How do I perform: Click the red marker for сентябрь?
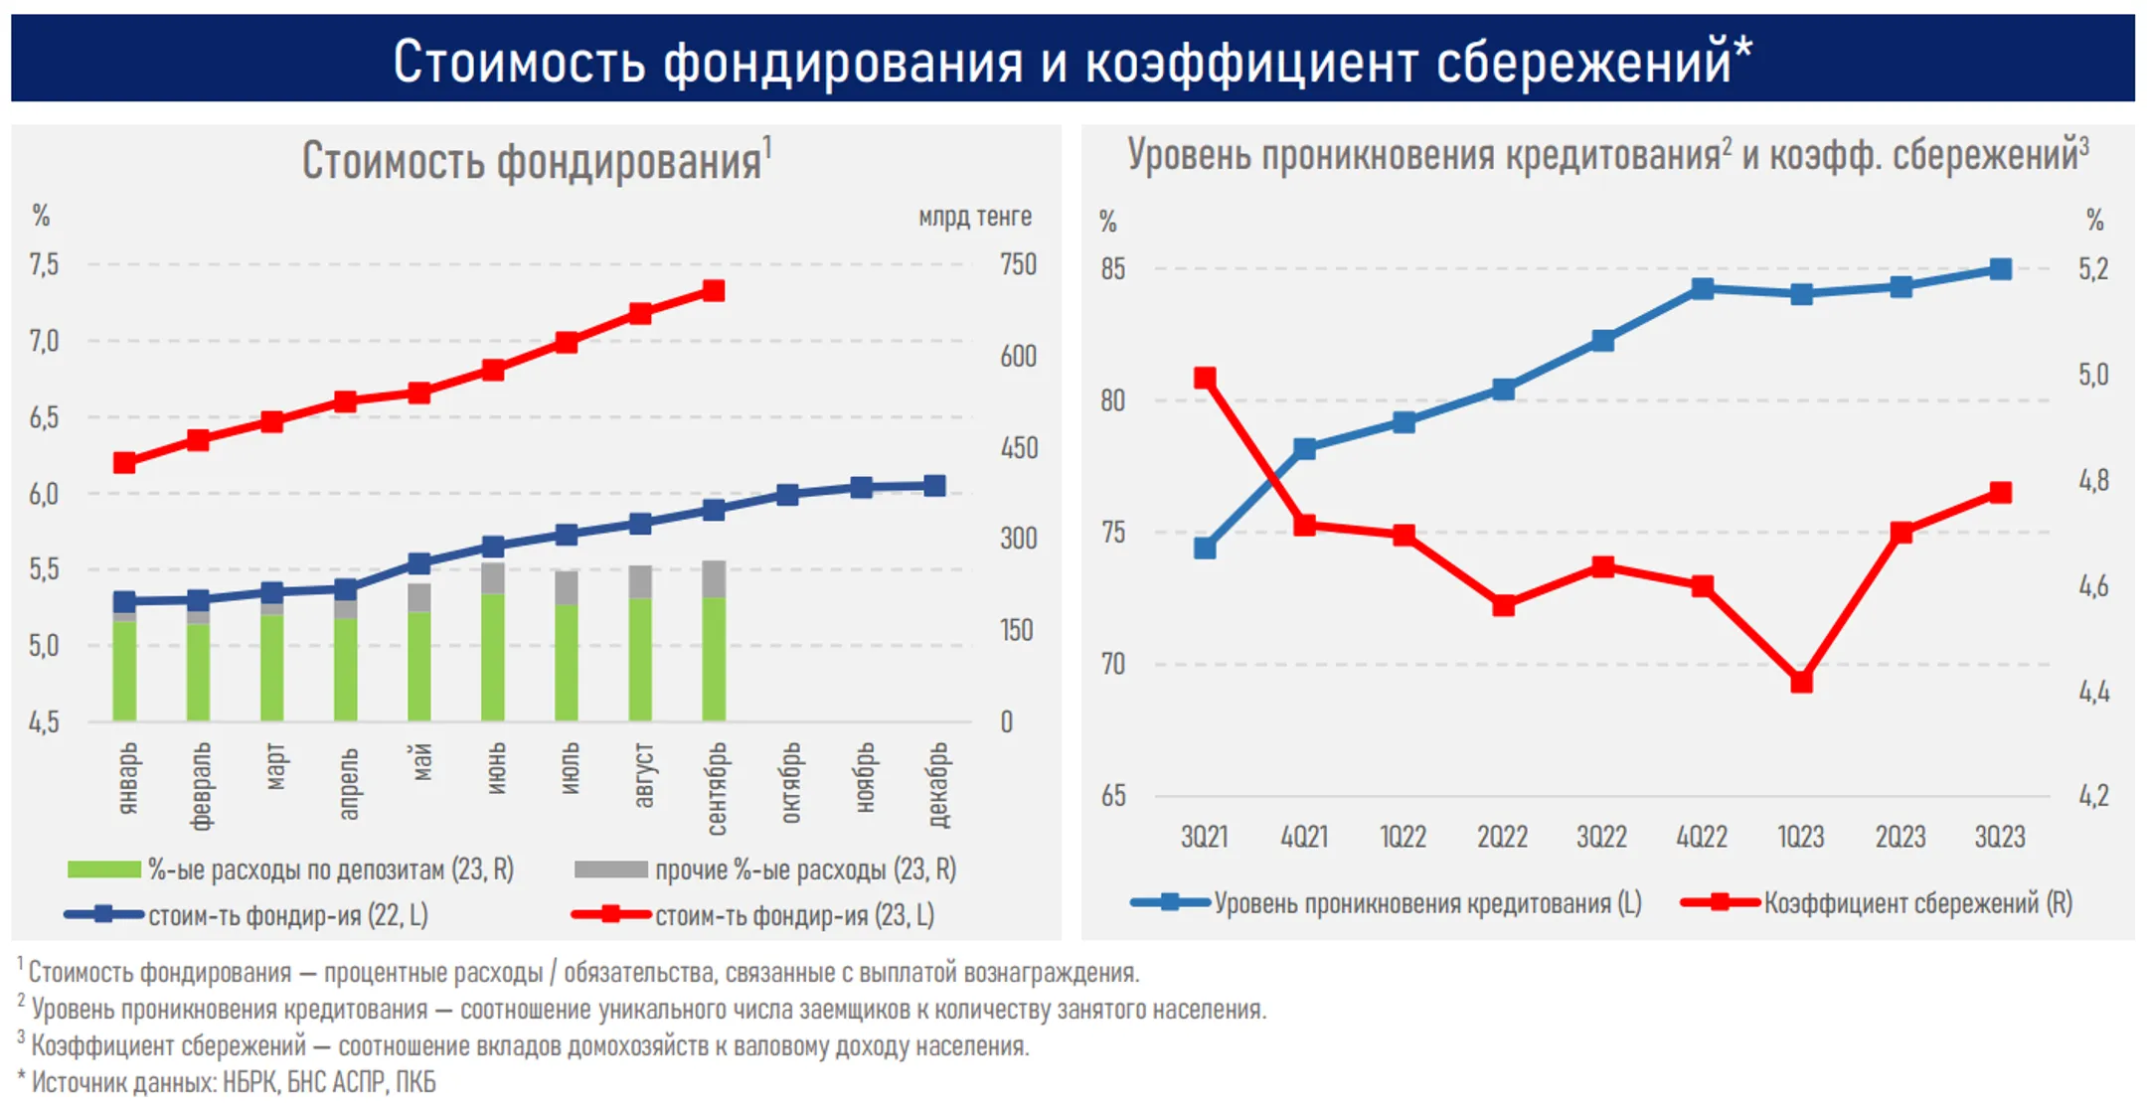[x=714, y=290]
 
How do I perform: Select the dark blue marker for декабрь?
[x=934, y=485]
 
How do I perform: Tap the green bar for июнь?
[x=493, y=658]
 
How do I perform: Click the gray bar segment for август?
[x=640, y=581]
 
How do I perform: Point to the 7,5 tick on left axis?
[x=44, y=264]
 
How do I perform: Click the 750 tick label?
[x=1018, y=264]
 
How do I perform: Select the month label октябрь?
[x=790, y=783]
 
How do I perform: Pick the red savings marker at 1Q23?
[x=1801, y=682]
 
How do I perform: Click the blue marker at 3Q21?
[x=1205, y=548]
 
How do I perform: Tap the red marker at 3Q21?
[x=1205, y=378]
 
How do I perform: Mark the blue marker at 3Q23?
[x=2001, y=269]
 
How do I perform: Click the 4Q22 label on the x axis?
[x=1702, y=837]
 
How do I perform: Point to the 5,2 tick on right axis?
[x=2092, y=269]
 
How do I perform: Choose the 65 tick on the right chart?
[x=1113, y=795]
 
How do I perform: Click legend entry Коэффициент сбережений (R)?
[x=1916, y=903]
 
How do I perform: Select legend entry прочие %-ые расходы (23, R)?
[x=804, y=870]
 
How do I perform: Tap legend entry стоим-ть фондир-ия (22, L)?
[x=287, y=915]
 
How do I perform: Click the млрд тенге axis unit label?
[x=974, y=216]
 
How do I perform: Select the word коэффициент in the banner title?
[x=1252, y=62]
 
